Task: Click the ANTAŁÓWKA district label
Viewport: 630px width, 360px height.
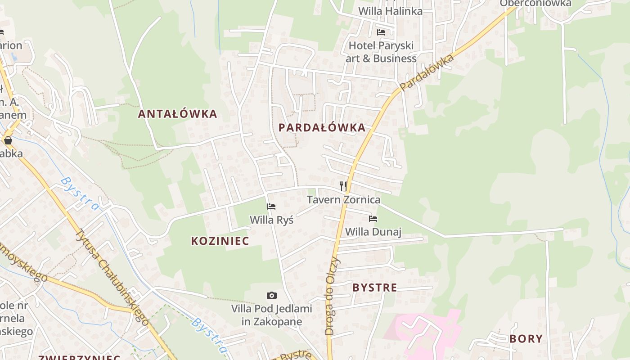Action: tap(177, 114)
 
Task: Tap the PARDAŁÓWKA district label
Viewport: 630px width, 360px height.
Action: tap(322, 128)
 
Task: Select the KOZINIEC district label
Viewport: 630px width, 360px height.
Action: tap(220, 241)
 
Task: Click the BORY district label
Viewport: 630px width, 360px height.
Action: tap(526, 339)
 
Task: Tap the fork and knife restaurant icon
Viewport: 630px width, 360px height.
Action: tap(343, 186)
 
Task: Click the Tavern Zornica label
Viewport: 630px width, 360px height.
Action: tap(343, 200)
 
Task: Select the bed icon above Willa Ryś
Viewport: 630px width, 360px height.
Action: tap(271, 207)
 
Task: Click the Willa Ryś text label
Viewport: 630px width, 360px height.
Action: tap(271, 220)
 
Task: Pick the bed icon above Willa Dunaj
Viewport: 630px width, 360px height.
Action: tap(373, 219)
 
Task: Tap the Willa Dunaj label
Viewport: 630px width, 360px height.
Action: tap(373, 232)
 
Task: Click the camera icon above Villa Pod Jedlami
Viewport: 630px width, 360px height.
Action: tap(271, 296)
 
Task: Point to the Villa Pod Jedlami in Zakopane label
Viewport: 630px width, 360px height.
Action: tap(271, 315)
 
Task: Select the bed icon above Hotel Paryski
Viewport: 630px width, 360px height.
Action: tap(381, 32)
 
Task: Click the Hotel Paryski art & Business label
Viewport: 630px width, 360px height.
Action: tap(381, 52)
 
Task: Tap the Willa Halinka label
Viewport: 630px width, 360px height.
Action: tap(390, 11)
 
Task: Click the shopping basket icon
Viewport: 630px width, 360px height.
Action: tap(8, 140)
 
